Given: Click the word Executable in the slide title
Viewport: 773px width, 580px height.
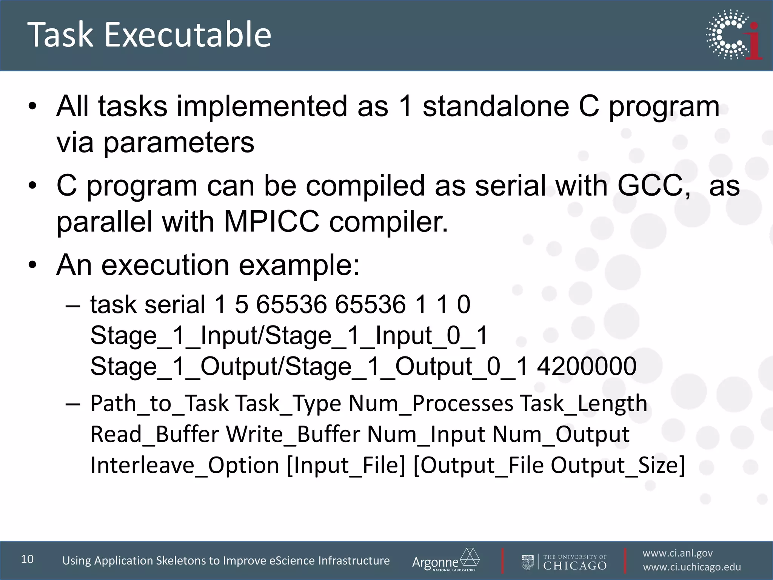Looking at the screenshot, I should pyautogui.click(x=188, y=35).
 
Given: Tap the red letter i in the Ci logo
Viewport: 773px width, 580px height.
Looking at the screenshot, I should pyautogui.click(x=753, y=42).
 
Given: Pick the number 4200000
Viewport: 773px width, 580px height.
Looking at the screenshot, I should pyautogui.click(x=587, y=366).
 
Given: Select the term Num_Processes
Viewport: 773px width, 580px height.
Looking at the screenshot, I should pyautogui.click(x=431, y=403).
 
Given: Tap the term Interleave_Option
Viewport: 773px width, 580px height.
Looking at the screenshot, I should pyautogui.click(x=185, y=465).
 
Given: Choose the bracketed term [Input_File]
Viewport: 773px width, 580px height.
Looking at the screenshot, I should pyautogui.click(x=346, y=465).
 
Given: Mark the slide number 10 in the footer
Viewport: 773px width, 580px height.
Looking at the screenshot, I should pyautogui.click(x=27, y=559).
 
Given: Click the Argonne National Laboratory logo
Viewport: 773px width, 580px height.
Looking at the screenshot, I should pyautogui.click(x=445, y=560).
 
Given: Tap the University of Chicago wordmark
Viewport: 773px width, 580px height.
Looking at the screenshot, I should pyautogui.click(x=574, y=562).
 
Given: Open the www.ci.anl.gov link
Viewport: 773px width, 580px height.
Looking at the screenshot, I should pyautogui.click(x=678, y=553).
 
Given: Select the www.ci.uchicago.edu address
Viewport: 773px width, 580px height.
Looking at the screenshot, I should pyautogui.click(x=692, y=567).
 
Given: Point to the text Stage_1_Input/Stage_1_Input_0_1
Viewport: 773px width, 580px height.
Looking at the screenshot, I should pyautogui.click(x=289, y=335).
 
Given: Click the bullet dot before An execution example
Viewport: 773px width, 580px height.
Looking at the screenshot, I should pyautogui.click(x=33, y=265).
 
